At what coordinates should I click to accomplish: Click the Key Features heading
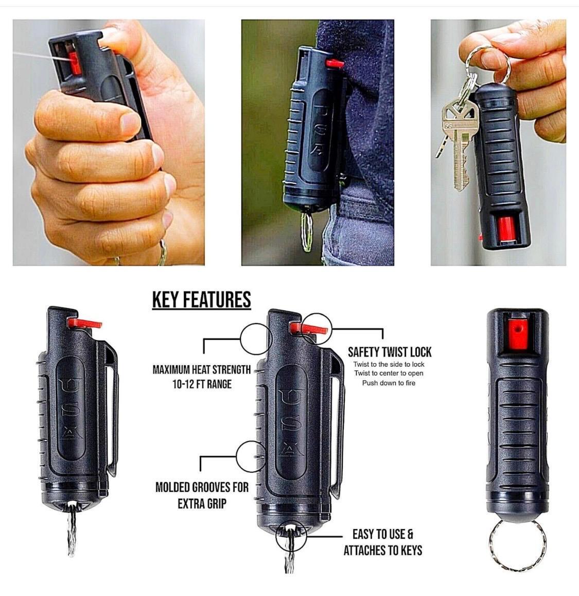202,300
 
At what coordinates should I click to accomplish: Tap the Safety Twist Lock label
390,352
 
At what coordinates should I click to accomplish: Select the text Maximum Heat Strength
202,369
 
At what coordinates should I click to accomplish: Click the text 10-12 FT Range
202,384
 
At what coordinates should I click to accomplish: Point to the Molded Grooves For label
202,487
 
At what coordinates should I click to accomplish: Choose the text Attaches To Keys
383,550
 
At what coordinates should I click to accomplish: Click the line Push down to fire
389,383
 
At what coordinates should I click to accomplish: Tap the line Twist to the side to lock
389,364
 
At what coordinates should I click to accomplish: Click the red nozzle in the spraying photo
75,63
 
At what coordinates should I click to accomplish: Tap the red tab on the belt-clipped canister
334,63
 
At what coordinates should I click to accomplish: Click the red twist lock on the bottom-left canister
84,323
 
